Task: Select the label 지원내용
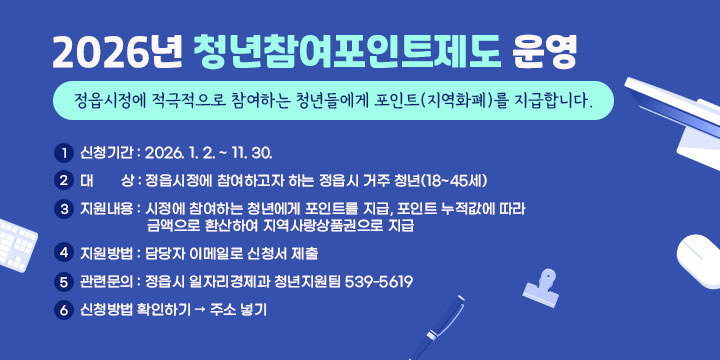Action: (x=107, y=209)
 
